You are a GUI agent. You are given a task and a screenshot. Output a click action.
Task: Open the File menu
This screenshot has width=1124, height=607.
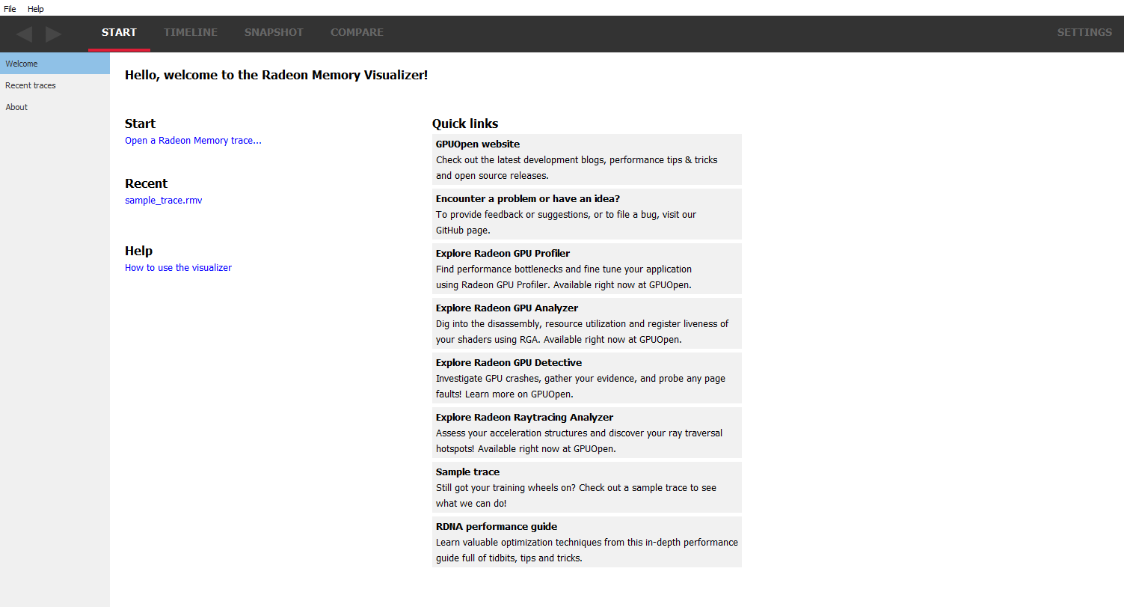pos(10,9)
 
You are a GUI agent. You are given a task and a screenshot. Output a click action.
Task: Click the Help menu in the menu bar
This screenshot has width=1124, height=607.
pos(36,9)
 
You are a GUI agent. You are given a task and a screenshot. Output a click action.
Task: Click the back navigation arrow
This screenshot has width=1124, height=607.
pos(24,34)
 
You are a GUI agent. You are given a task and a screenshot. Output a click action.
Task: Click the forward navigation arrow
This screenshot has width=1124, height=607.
pos(53,34)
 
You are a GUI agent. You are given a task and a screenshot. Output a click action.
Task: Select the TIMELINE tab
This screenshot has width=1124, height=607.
pos(191,32)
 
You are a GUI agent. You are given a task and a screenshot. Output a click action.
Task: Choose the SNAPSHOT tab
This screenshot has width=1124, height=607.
pos(274,32)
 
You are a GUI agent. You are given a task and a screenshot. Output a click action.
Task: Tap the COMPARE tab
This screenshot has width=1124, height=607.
pos(357,32)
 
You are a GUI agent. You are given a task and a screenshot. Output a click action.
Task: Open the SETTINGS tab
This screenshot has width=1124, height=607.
pos(1084,32)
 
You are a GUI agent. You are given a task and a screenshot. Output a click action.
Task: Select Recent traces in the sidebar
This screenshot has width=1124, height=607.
pos(31,85)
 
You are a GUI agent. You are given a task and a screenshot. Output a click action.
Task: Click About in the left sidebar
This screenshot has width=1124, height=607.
pos(16,107)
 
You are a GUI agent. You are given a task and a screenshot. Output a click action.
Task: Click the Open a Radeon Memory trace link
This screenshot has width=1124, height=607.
pos(193,141)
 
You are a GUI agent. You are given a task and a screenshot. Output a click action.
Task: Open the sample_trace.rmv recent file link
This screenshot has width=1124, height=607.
pos(163,201)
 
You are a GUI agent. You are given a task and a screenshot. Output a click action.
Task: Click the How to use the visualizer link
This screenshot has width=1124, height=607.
pos(178,268)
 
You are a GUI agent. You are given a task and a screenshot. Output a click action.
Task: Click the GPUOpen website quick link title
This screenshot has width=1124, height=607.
pos(477,144)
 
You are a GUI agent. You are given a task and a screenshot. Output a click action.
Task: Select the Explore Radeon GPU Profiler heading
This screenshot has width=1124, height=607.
pos(503,253)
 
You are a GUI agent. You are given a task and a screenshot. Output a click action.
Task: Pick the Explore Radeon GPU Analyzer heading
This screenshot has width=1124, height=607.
pos(506,308)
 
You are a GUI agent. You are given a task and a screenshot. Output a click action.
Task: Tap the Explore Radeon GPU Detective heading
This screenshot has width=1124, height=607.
pos(509,362)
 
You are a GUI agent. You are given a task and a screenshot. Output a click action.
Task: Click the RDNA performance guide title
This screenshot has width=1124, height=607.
pos(496,526)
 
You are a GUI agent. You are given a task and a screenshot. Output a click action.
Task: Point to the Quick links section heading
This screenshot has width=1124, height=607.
pos(464,123)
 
